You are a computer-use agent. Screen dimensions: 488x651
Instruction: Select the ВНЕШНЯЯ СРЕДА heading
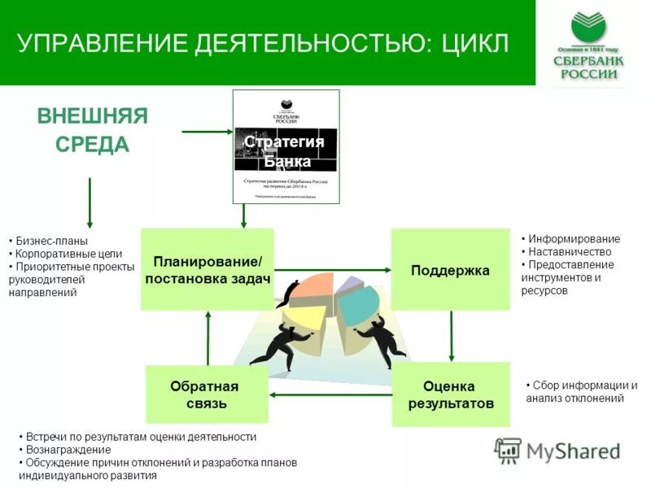point(92,130)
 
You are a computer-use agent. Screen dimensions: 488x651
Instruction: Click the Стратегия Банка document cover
point(286,146)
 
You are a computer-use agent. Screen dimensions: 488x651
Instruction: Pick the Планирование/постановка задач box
point(207,269)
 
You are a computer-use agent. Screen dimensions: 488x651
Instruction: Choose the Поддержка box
point(450,270)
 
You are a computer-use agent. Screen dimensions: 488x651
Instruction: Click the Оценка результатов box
point(450,394)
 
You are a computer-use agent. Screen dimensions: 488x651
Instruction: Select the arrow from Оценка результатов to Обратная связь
point(330,395)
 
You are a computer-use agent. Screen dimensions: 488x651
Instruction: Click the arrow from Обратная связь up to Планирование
point(208,338)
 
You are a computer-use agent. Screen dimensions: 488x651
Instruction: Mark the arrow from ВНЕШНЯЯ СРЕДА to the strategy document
point(207,131)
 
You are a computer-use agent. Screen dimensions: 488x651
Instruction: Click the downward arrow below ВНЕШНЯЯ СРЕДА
point(90,203)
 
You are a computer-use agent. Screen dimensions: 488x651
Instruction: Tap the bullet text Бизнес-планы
point(52,241)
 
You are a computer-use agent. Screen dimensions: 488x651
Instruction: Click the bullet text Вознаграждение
point(68,450)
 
